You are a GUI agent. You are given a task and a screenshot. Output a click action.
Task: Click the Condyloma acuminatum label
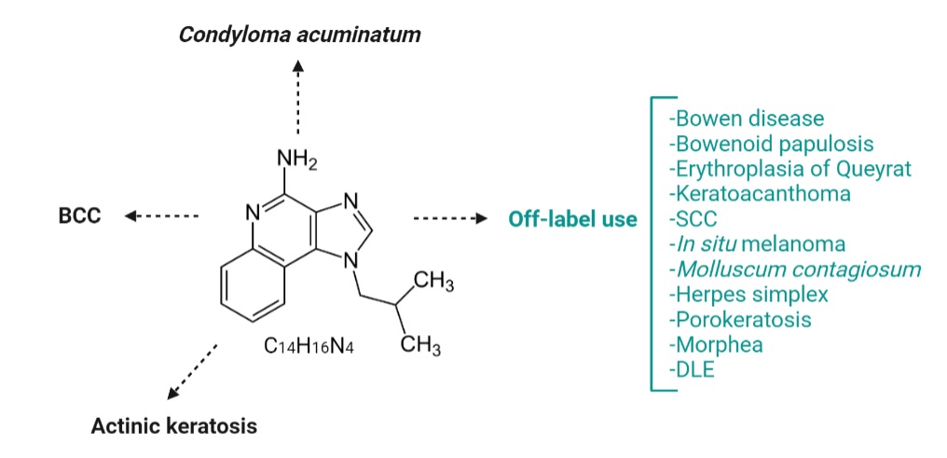coord(299,35)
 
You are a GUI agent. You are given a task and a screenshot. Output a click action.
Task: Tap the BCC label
coord(80,216)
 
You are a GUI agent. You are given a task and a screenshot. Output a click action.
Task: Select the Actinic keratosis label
coord(174,426)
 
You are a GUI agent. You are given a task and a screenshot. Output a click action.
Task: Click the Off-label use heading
coord(572,218)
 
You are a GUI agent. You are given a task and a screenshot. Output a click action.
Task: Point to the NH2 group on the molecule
coord(296,160)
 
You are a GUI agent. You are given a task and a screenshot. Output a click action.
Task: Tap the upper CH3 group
coord(433,283)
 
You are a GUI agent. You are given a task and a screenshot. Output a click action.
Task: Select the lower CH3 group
coord(420,346)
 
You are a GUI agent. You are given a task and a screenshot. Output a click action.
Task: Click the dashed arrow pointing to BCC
coord(162,215)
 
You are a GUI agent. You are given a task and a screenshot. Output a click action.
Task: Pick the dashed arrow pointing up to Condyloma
coord(297,97)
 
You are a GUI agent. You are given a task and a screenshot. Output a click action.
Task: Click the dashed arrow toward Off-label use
coord(450,218)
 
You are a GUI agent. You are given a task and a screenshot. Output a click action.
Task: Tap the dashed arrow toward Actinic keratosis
coord(192,371)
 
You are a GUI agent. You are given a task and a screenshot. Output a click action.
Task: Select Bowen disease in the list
coord(747,118)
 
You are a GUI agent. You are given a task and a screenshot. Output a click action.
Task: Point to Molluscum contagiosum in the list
coord(795,269)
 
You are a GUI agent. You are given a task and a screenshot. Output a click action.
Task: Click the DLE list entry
coord(692,369)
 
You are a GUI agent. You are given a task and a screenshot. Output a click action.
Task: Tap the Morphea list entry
coord(716,344)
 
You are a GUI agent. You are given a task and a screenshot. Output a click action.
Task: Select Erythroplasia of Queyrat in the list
coord(790,169)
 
